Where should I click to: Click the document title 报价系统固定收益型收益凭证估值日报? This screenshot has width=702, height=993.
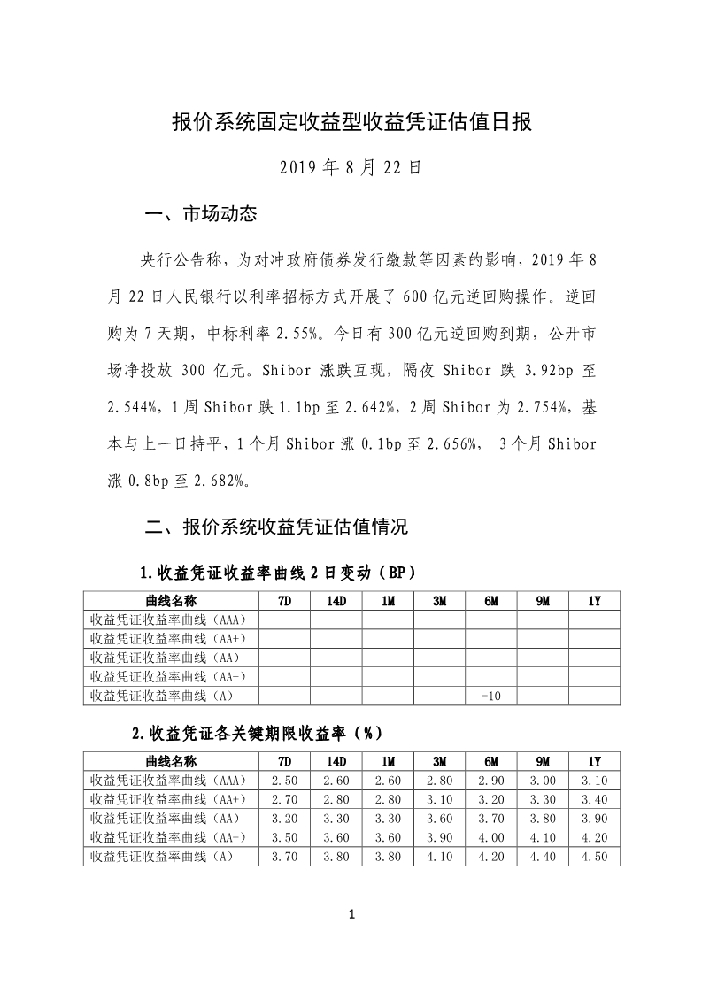coord(351,122)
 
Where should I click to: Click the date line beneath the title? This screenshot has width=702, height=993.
coord(351,166)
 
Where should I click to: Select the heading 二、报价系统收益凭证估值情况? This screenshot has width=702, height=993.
coord(275,527)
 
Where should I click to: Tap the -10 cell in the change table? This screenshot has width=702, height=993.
coord(490,697)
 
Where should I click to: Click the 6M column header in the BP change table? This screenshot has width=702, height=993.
coord(490,601)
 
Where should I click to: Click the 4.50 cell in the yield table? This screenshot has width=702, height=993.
coord(594,857)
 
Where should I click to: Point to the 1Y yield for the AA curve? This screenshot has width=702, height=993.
coord(594,819)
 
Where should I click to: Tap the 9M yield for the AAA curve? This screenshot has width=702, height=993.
coord(543,780)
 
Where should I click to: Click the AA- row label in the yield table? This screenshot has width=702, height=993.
coord(168,837)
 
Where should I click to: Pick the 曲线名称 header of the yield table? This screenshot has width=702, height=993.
coord(171,761)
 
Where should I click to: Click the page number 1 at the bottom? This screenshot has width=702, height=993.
coord(351,914)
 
